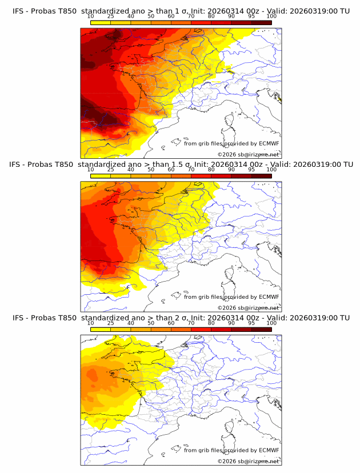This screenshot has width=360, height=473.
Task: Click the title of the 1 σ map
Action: click(181, 11)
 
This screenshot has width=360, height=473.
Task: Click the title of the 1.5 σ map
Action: click(181, 165)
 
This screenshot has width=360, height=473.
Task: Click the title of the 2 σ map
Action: click(181, 318)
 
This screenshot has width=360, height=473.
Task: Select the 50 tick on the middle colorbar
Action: click(151, 170)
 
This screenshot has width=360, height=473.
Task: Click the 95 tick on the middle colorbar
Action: click(251, 170)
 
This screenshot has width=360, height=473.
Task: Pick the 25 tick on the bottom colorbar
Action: click(111, 323)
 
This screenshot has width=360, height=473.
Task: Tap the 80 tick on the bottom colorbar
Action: click(211, 323)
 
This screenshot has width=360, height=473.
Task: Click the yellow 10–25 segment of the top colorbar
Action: click(101, 23)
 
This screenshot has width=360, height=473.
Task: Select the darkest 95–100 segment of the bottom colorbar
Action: click(262, 330)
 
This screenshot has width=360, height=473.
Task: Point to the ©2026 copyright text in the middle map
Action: click(248, 307)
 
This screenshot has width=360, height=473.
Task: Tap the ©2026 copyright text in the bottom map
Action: click(248, 461)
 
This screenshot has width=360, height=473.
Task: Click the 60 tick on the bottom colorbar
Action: click(171, 323)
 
